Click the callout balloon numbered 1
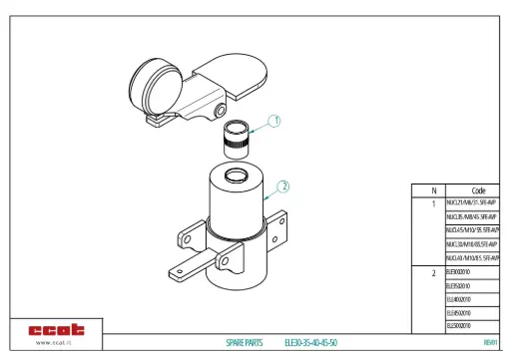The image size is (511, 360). coord(275,120)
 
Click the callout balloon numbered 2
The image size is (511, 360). coord(283,185)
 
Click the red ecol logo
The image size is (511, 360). coord(57,329)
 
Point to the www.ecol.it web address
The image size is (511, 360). coord(57,343)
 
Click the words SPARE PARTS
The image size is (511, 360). coord(244,342)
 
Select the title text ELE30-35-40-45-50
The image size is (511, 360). coord(310,342)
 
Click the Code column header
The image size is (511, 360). coord(477,189)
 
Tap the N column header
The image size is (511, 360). coord(433,189)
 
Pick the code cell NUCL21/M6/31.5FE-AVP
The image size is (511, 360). coord(471,202)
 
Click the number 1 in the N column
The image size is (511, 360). coord(433,202)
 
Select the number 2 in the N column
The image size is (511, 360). coord(433,271)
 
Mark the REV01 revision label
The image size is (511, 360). coord(489,342)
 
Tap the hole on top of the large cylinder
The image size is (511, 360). coord(237,176)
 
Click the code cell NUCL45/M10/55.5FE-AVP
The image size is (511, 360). coord(472,229)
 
